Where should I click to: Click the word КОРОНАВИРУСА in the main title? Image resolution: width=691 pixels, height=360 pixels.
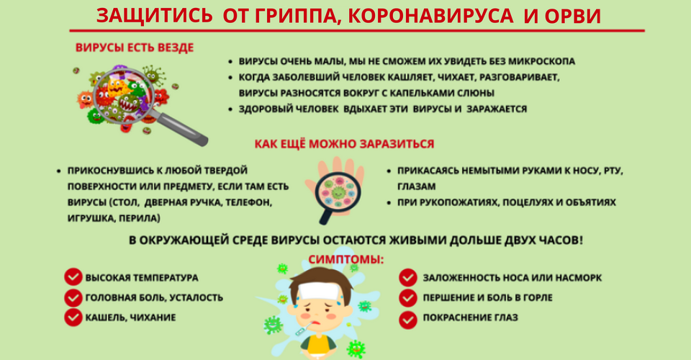point(430,17)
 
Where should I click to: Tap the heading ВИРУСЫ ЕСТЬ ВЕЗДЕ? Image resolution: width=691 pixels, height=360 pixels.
point(135,48)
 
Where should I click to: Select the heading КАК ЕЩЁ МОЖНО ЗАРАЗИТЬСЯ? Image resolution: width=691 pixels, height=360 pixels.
point(344,144)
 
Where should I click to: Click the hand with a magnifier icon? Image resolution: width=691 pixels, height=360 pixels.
point(334,190)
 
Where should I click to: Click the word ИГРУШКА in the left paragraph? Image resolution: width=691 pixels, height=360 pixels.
point(91,218)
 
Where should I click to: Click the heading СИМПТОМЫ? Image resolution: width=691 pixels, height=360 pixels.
point(346,259)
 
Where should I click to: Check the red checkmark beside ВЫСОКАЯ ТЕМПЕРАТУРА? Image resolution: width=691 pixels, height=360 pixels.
point(73,278)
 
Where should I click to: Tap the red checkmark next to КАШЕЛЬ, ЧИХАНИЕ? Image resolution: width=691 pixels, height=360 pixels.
point(73,318)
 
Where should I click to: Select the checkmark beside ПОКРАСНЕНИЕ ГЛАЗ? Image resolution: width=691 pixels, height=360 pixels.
point(408,320)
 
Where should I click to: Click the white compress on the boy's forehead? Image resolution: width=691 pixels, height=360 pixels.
point(320,292)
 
